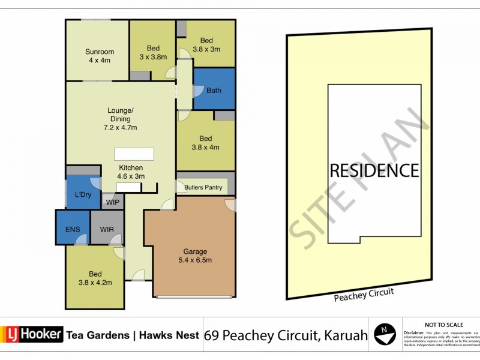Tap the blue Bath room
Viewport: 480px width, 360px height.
point(214,90)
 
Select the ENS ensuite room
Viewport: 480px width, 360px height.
point(73,229)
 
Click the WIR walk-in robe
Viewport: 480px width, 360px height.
point(107,229)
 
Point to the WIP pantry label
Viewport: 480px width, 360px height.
point(112,202)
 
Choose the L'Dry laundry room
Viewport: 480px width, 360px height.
point(83,194)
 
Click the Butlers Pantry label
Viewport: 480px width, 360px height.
point(203,188)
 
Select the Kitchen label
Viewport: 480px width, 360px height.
point(130,167)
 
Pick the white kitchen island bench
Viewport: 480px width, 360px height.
point(134,154)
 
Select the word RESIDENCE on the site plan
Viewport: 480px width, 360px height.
point(374,170)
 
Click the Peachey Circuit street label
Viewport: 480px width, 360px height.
point(364,293)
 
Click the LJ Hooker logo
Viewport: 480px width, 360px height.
point(32,334)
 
